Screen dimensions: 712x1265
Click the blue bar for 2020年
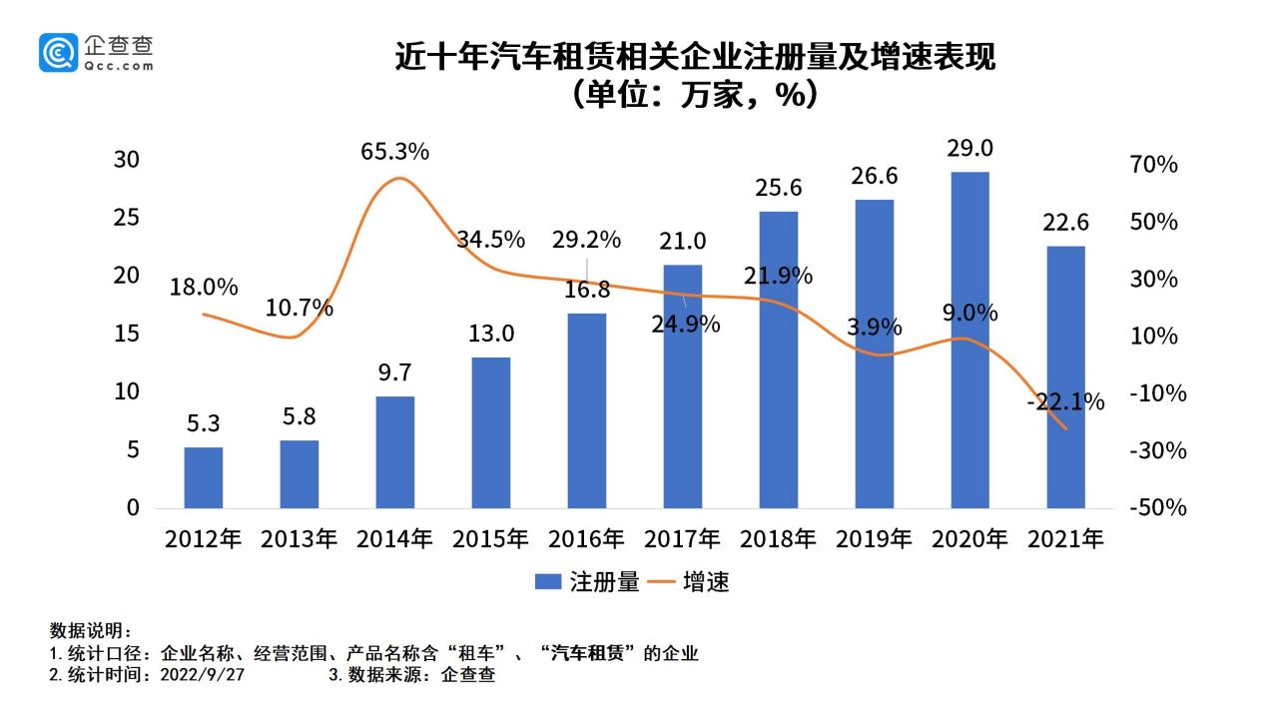[969, 340]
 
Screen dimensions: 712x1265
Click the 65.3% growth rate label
[395, 152]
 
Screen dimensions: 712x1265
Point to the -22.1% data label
[1065, 402]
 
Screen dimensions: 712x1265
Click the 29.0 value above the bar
[969, 149]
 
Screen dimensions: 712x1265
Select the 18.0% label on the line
[204, 288]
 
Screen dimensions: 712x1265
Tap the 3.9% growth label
[874, 328]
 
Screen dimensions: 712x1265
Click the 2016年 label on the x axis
[586, 539]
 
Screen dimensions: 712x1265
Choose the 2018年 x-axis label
[778, 539]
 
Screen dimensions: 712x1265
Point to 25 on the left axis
[127, 218]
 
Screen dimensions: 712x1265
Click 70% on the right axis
[1154, 165]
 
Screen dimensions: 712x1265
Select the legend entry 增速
[689, 582]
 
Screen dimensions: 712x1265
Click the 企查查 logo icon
[58, 52]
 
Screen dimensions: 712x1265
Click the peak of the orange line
[397, 178]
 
